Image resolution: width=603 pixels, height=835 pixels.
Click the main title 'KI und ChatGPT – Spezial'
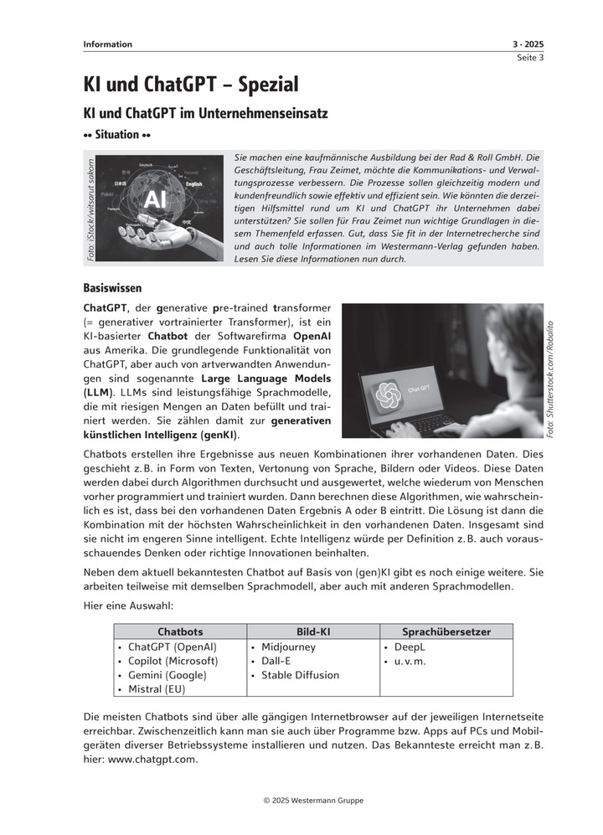[x=191, y=84]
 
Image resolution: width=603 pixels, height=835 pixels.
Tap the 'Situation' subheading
[x=117, y=134]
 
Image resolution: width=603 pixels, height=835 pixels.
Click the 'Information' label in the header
[x=107, y=44]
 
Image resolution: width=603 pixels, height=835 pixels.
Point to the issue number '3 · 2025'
[x=528, y=44]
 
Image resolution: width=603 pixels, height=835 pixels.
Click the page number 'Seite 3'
[x=529, y=58]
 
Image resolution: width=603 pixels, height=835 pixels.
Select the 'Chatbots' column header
[x=180, y=631]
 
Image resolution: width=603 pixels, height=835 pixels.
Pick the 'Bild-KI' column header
[x=312, y=631]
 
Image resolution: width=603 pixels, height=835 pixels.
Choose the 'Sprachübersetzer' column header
[x=446, y=631]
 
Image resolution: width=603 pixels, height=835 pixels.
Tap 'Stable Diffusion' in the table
[x=300, y=675]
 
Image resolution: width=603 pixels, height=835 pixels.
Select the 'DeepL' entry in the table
[x=410, y=647]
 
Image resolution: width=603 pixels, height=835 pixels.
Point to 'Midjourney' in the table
[x=288, y=647]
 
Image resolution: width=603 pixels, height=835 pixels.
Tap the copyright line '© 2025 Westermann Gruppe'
[x=313, y=801]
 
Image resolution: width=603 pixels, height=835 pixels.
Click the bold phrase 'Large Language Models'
[x=267, y=378]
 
